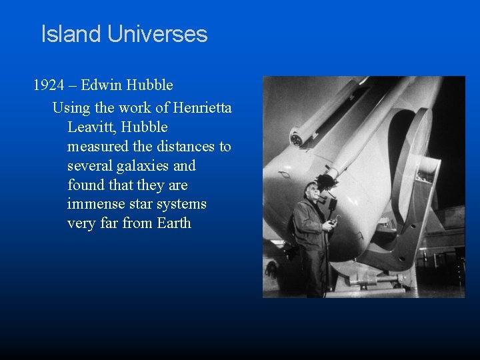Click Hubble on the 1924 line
point(151,85)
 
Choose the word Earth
point(174,223)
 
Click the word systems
point(181,204)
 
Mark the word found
point(85,185)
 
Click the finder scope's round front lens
point(296,139)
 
